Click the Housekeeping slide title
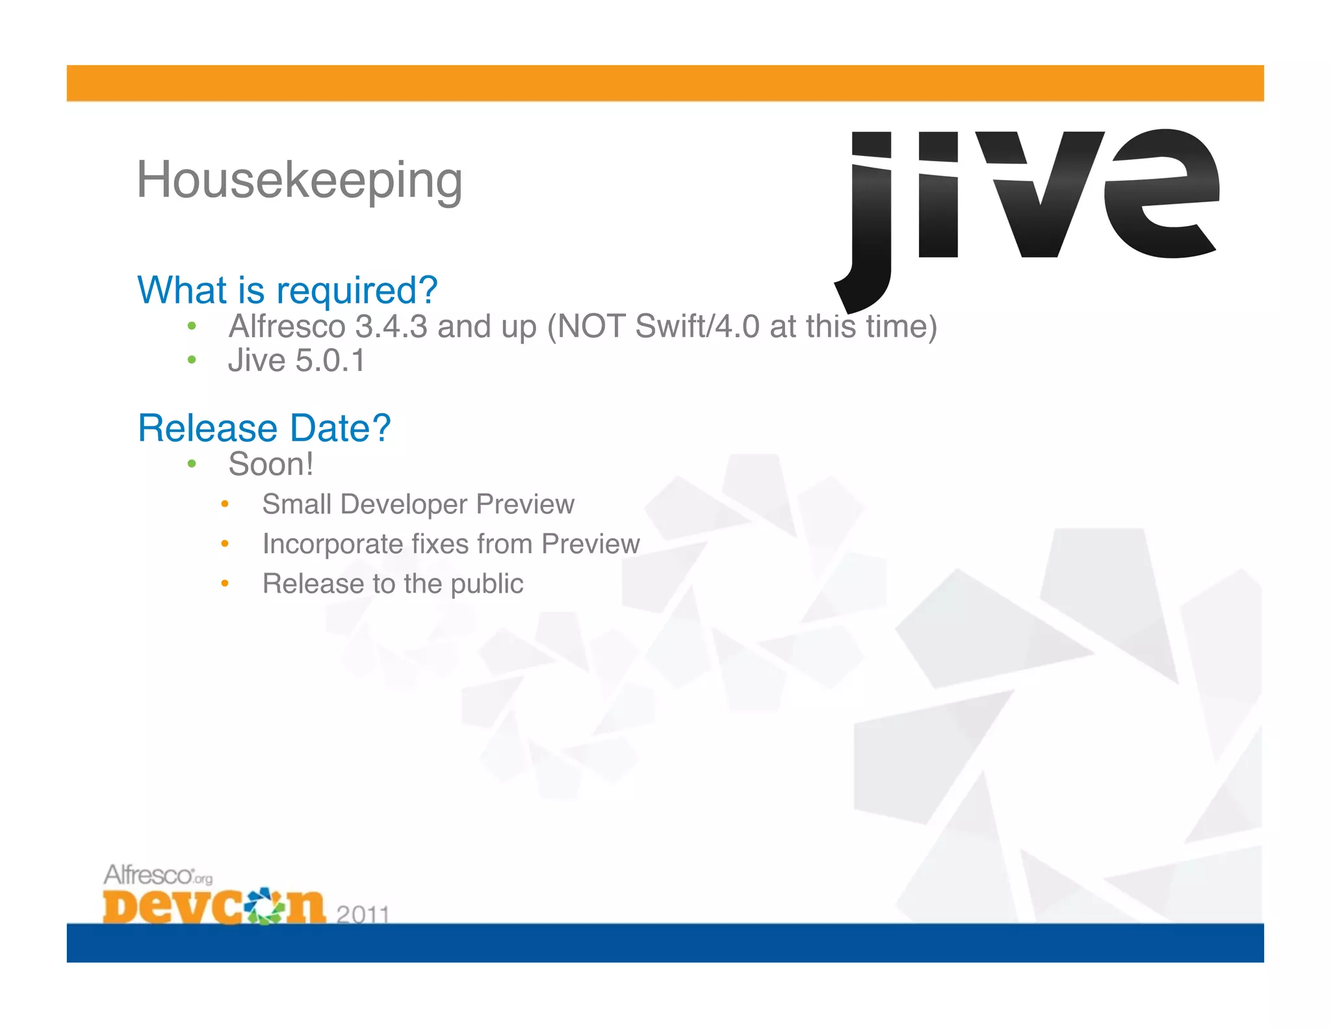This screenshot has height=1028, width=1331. click(299, 180)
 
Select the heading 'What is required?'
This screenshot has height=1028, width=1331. click(287, 290)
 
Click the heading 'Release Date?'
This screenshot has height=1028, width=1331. click(264, 428)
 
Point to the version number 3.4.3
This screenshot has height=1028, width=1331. click(391, 326)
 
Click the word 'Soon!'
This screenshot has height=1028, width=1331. click(270, 465)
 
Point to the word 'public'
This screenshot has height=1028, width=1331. click(487, 584)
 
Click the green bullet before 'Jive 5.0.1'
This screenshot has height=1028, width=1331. click(191, 360)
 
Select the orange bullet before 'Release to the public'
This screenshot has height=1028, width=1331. click(224, 584)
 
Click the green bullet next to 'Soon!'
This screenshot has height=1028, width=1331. click(191, 464)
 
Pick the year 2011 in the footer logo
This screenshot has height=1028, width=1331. click(363, 914)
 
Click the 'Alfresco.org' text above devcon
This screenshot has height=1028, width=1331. click(158, 875)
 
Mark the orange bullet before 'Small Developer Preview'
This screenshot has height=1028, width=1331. click(224, 504)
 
